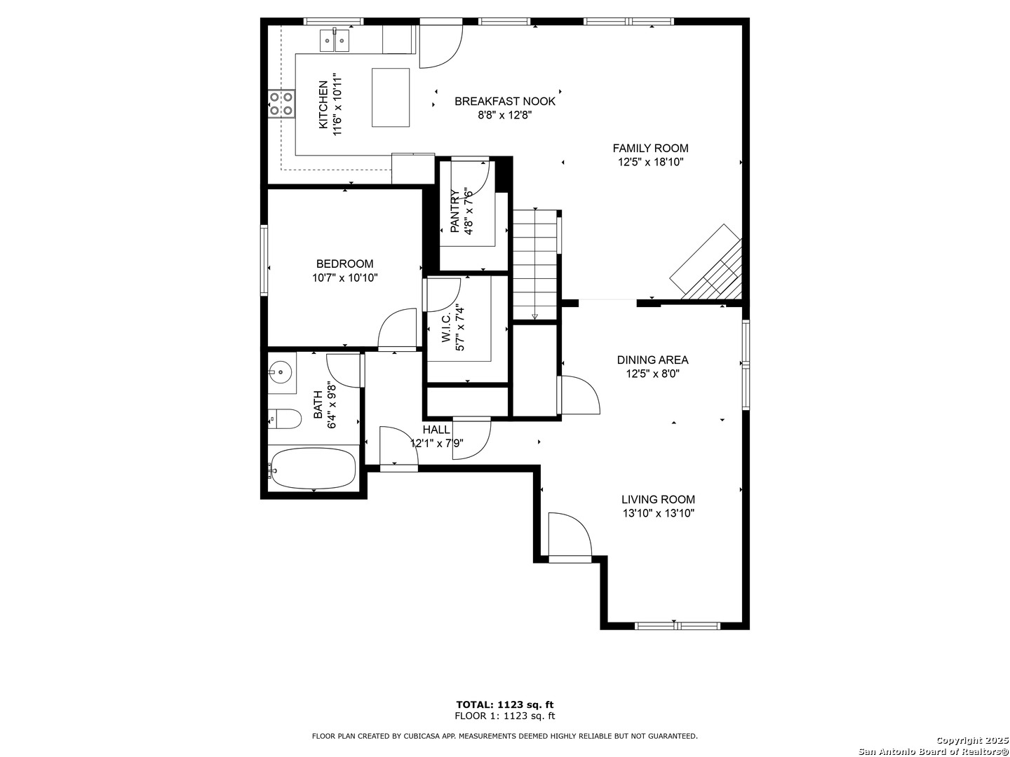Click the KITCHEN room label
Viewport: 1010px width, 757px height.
pyautogui.click(x=323, y=105)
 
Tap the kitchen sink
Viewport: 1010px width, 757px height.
pyautogui.click(x=334, y=40)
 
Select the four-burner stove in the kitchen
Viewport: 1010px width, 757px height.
pyautogui.click(x=281, y=104)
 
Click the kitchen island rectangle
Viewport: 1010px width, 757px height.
pyautogui.click(x=391, y=97)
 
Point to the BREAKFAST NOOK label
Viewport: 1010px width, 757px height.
pyautogui.click(x=505, y=101)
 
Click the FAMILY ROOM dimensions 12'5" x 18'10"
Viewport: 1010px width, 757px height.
pyautogui.click(x=650, y=162)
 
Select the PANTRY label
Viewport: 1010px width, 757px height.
pyautogui.click(x=454, y=211)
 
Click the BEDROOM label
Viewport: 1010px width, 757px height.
pyautogui.click(x=344, y=264)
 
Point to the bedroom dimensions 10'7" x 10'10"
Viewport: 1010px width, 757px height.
pyautogui.click(x=344, y=278)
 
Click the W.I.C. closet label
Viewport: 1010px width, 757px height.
pyautogui.click(x=446, y=329)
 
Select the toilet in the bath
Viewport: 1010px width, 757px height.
pyautogui.click(x=285, y=418)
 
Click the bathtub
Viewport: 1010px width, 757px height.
pyautogui.click(x=314, y=469)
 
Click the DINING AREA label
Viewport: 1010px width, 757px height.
pyautogui.click(x=652, y=360)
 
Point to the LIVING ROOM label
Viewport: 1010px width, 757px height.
pyautogui.click(x=658, y=499)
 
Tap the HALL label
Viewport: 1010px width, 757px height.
pyautogui.click(x=436, y=430)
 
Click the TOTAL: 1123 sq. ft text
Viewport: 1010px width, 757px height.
pyautogui.click(x=505, y=704)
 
